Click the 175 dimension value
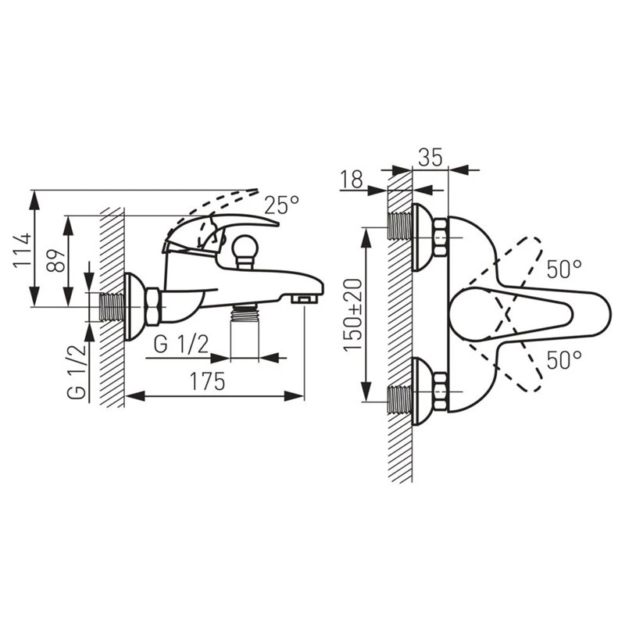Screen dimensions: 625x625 (x=207, y=381)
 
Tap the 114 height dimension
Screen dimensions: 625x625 (x=23, y=250)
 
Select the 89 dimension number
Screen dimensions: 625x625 (x=55, y=261)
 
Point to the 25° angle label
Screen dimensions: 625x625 (x=282, y=205)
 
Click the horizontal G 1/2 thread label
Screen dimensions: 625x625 (x=181, y=344)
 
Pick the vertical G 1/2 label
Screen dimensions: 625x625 (x=76, y=372)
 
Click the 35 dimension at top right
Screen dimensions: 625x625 (x=430, y=157)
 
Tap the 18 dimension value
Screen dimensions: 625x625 (x=352, y=179)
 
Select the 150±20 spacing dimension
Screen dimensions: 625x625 (x=353, y=315)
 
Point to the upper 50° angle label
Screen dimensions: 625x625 (x=564, y=269)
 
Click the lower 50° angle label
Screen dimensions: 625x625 (x=564, y=360)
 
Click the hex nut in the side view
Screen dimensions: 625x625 (x=153, y=306)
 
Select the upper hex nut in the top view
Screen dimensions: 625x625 (x=441, y=237)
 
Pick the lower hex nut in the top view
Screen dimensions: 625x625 (x=441, y=391)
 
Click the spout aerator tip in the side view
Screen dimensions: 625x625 (x=305, y=299)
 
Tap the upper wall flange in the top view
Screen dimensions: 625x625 (x=420, y=237)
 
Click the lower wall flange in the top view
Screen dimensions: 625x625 (x=420, y=391)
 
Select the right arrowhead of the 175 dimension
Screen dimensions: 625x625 (x=295, y=396)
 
